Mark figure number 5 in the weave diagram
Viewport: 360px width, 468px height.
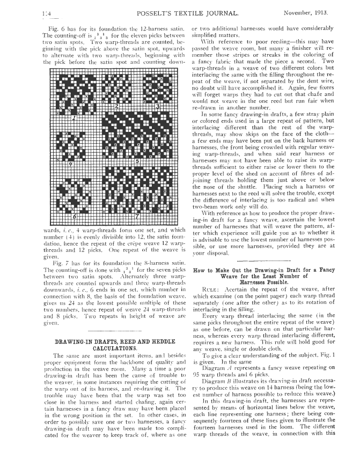pos(137,160)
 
